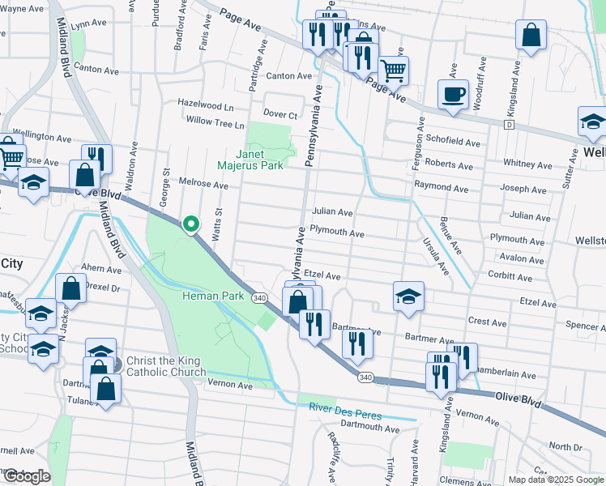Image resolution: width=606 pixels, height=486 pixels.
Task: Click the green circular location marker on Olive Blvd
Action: (x=190, y=224)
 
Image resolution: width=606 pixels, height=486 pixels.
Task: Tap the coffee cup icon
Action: (x=452, y=93)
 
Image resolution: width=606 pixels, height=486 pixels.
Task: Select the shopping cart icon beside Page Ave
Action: (x=393, y=70)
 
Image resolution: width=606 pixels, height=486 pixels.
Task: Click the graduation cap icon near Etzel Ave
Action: (x=408, y=296)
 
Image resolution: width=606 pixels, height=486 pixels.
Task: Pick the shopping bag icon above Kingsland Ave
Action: (x=531, y=35)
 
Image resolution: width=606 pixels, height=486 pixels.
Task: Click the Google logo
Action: (x=26, y=476)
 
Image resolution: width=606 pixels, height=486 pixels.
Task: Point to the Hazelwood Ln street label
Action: (x=206, y=107)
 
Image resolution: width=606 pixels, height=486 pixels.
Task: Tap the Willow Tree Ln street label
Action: (x=215, y=126)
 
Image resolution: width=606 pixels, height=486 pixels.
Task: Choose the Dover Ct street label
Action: (x=281, y=115)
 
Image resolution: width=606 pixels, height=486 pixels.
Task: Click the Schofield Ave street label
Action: (x=453, y=142)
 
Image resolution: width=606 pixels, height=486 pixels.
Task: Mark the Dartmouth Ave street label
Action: (x=369, y=428)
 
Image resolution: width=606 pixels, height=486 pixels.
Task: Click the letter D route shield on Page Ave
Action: (x=508, y=126)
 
